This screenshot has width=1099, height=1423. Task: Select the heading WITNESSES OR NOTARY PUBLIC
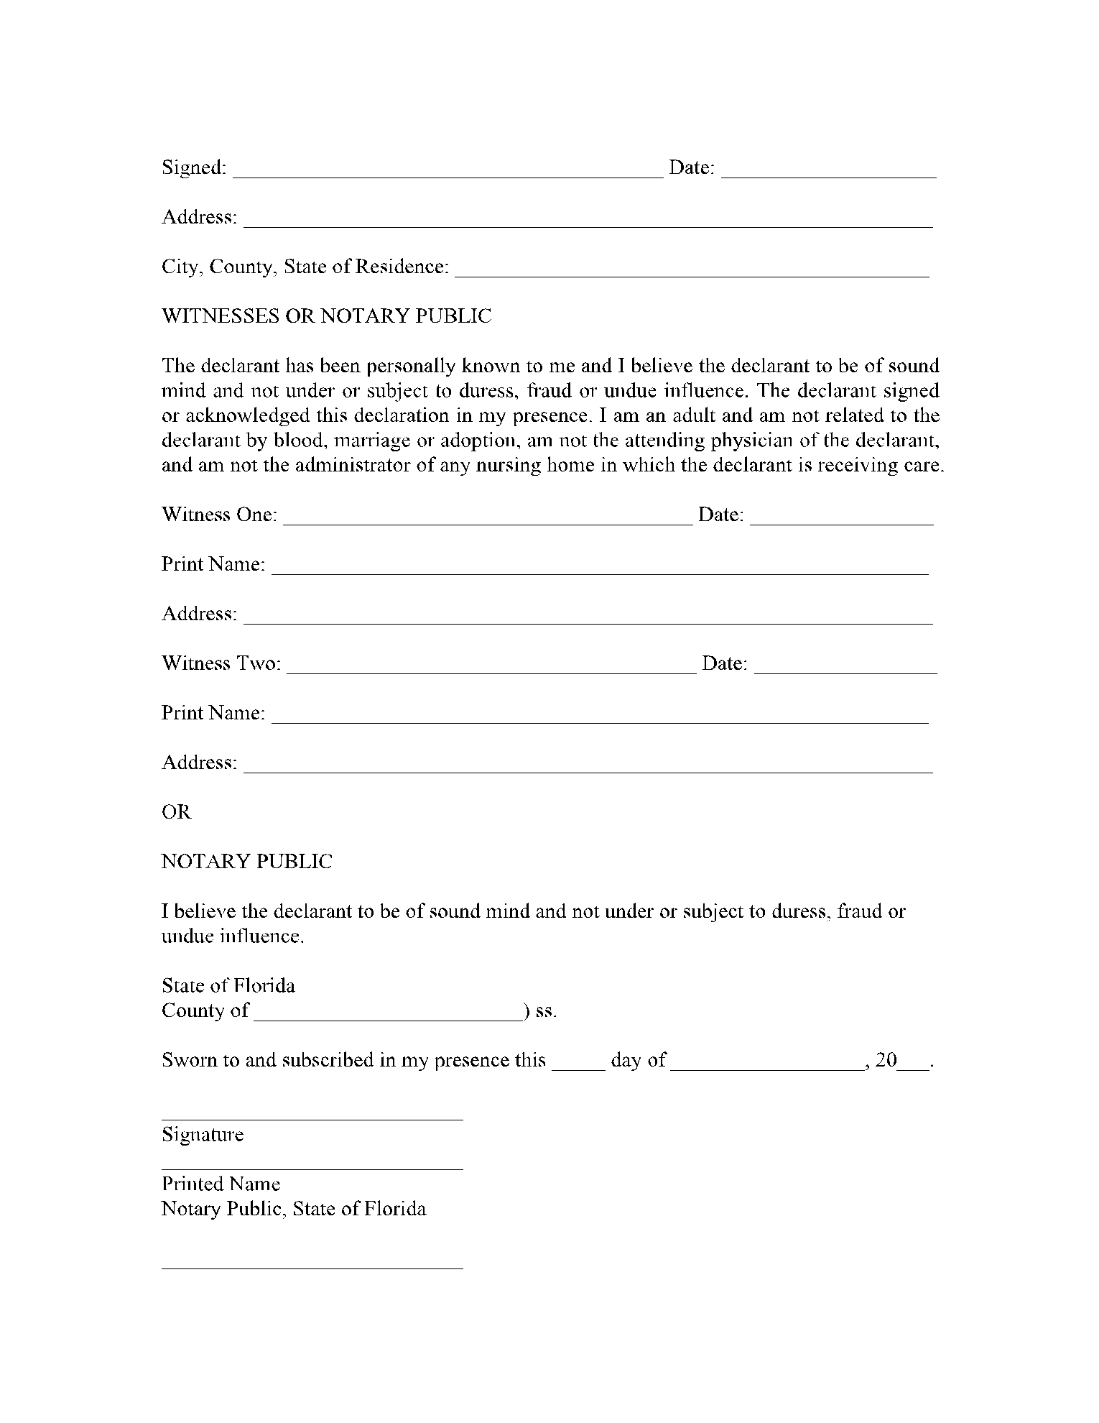point(327,316)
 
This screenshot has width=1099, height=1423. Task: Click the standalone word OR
point(177,812)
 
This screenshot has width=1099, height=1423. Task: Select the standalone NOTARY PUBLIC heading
point(247,862)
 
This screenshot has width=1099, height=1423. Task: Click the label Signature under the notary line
point(203,1135)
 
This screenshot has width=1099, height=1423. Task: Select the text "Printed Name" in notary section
point(221,1184)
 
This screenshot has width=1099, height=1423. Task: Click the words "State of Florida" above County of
point(228,985)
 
